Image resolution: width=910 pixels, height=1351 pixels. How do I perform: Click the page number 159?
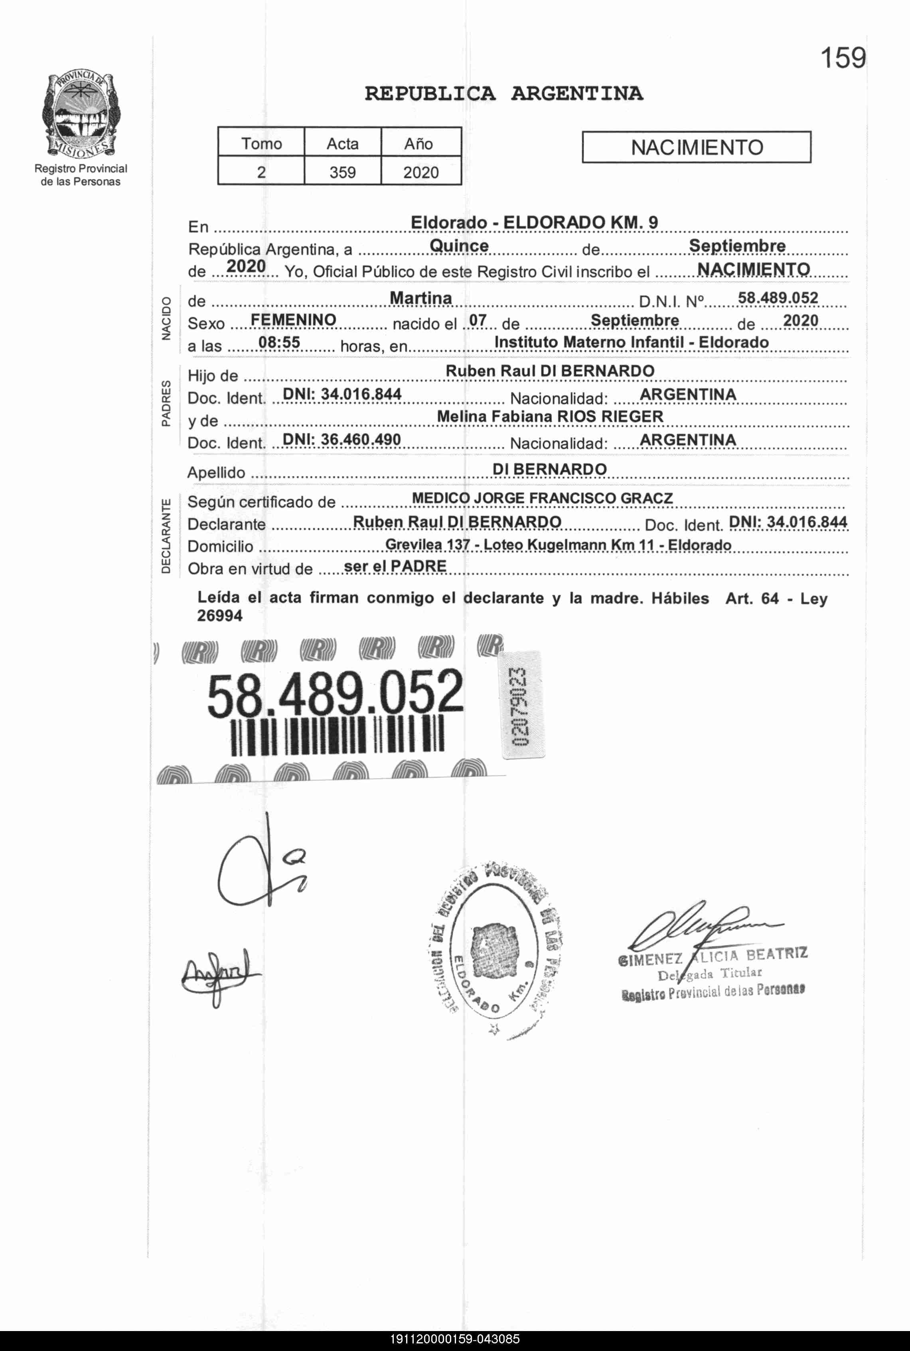(842, 58)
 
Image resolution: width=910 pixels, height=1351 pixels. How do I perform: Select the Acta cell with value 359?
(342, 172)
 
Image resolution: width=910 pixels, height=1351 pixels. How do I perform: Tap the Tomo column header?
(261, 143)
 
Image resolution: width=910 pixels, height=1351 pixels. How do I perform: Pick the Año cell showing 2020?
(421, 172)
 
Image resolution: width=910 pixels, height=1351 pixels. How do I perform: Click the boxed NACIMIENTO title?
(697, 147)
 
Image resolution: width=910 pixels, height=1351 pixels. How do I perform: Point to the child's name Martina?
(421, 298)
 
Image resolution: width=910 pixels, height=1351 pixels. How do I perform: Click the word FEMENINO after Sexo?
(293, 320)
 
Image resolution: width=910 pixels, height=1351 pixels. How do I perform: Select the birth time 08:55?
(279, 343)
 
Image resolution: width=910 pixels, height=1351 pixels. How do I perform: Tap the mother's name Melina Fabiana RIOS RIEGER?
(550, 417)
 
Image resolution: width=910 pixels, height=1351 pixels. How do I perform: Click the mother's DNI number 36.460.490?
(360, 439)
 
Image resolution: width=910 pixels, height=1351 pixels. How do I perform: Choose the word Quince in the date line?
(459, 246)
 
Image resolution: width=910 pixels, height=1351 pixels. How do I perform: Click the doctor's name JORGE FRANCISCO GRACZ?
(573, 498)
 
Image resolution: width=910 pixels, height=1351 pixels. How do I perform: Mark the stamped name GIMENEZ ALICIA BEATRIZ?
(713, 956)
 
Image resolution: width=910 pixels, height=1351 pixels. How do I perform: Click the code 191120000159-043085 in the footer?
(454, 1339)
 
